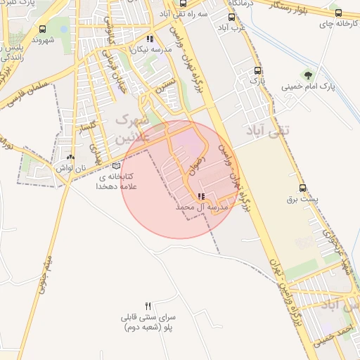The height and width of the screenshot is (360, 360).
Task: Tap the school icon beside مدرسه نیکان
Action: [149, 39]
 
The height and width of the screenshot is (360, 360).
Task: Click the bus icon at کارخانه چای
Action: [338, 12]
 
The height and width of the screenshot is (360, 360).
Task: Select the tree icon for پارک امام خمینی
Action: [307, 74]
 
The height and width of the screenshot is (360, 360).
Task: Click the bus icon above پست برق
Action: [303, 188]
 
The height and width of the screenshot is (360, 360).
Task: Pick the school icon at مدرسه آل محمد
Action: [202, 197]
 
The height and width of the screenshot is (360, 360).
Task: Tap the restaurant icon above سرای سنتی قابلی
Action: [148, 307]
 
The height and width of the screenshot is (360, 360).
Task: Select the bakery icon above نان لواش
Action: [71, 157]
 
